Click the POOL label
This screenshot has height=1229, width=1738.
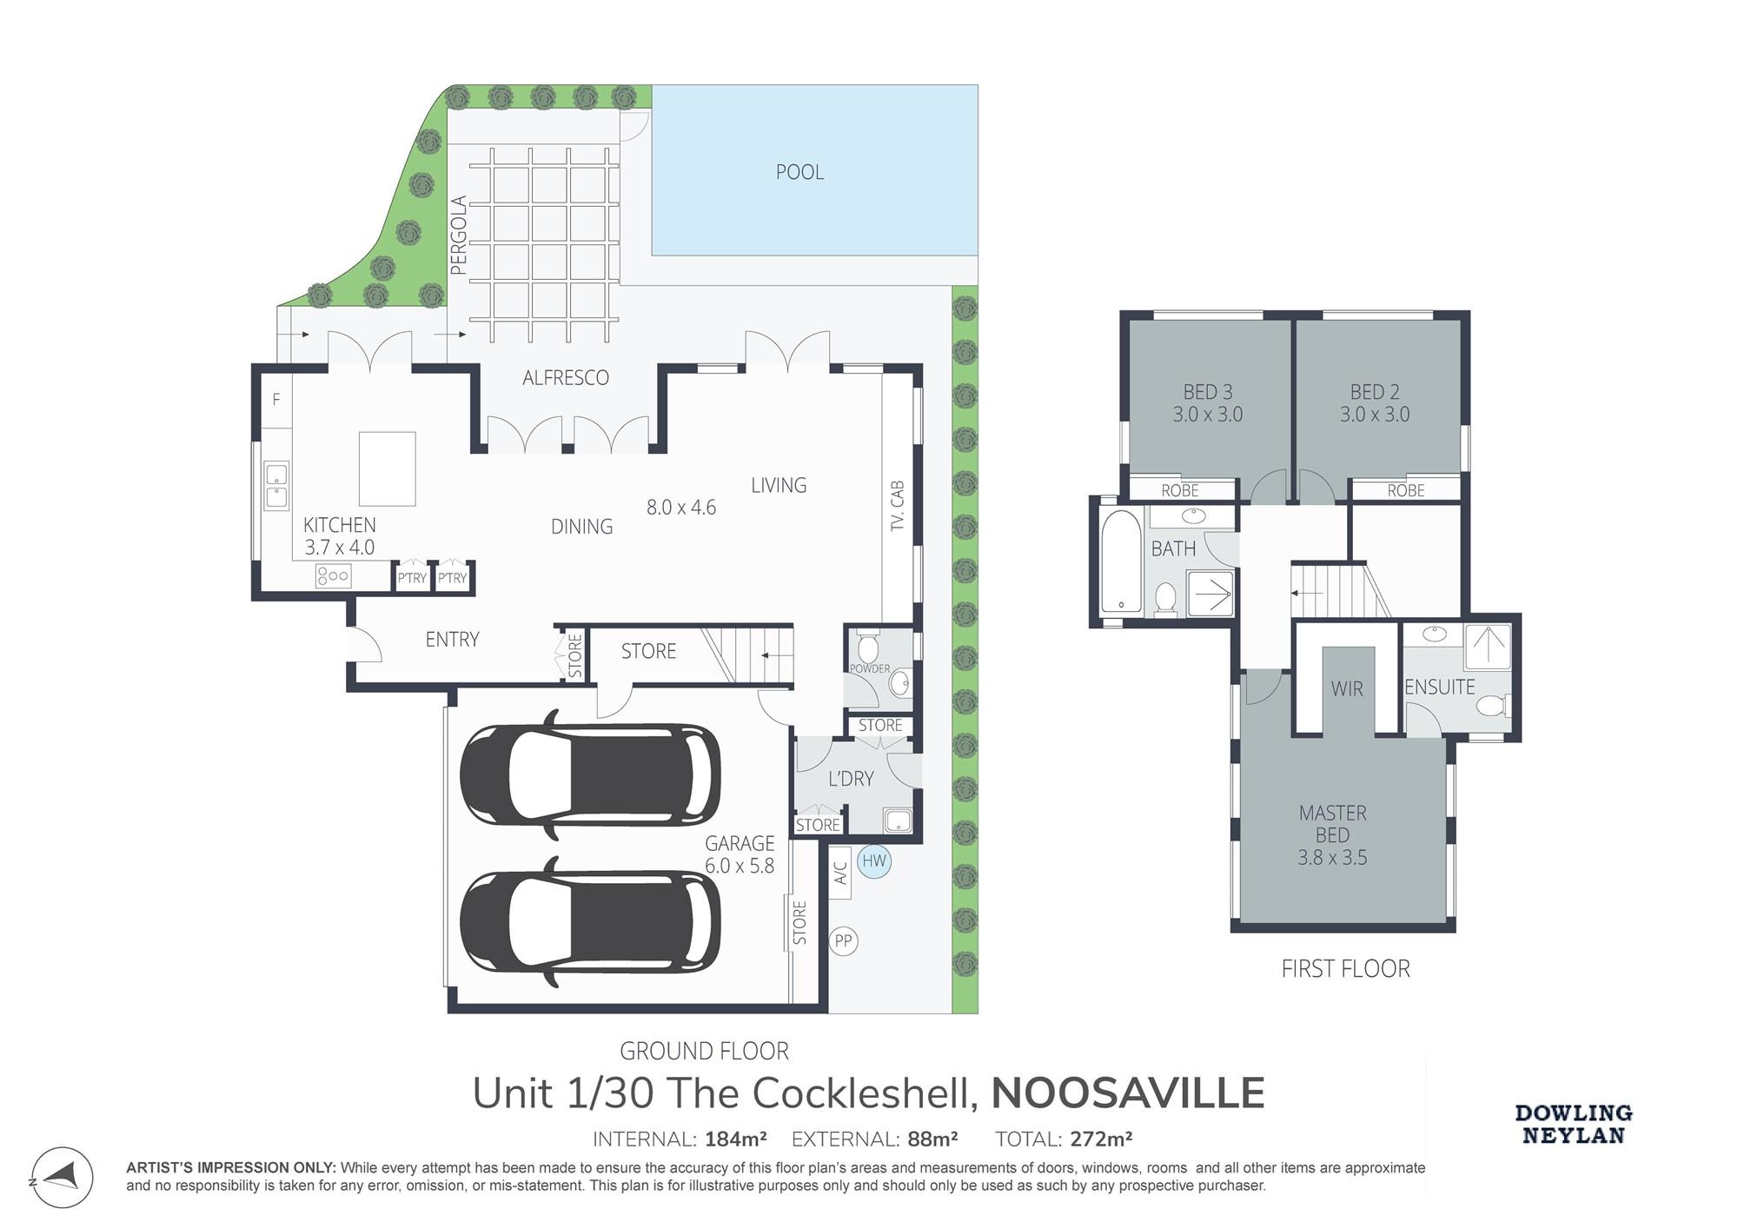coord(799,172)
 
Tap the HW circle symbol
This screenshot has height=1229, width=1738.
coord(874,861)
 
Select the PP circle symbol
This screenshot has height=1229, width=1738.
coord(843,940)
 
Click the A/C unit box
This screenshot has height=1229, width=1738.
coord(840,872)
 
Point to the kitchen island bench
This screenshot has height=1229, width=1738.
coord(388,468)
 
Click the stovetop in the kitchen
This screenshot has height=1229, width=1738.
coord(334,575)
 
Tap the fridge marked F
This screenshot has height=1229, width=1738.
coord(276,400)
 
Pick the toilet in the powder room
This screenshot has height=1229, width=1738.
coord(867,648)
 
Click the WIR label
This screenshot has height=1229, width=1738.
coord(1347,689)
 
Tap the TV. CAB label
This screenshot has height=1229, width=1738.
coord(898,506)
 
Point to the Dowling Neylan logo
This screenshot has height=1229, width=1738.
coord(1574,1124)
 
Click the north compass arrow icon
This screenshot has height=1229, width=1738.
coord(63,1177)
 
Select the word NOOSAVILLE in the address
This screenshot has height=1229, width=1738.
coord(1128,1093)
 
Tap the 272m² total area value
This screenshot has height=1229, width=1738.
coord(1101,1139)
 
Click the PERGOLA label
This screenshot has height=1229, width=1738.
coord(460,236)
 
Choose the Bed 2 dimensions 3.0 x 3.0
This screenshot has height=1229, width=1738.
coord(1375,415)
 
